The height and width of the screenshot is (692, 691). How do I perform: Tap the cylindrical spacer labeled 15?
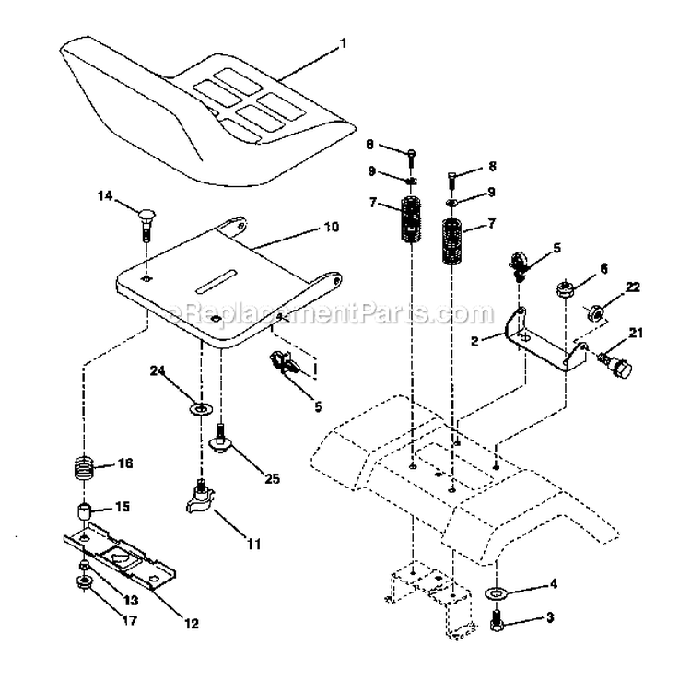85,511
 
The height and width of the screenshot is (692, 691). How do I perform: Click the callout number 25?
272,478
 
